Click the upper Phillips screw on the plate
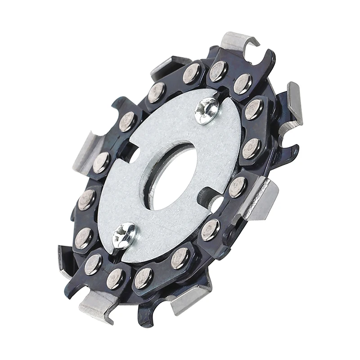point(207,109)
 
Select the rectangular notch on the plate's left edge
point(133,156)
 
